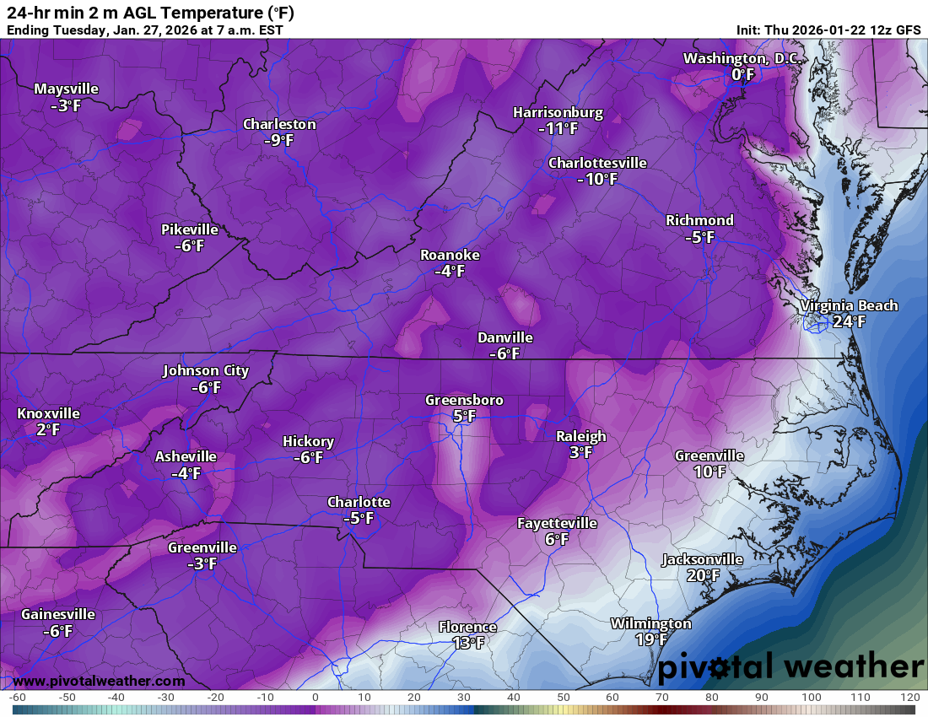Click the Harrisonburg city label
pyautogui.click(x=558, y=112)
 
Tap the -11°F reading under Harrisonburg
pyautogui.click(x=558, y=129)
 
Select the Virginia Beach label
pyautogui.click(x=849, y=305)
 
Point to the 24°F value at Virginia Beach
pyautogui.click(x=849, y=321)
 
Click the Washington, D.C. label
pyautogui.click(x=742, y=58)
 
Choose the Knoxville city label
pyautogui.click(x=48, y=413)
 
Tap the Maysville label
pyautogui.click(x=66, y=89)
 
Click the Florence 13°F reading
pyautogui.click(x=467, y=643)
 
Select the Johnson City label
pyautogui.click(x=206, y=370)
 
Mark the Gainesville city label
pyautogui.click(x=58, y=614)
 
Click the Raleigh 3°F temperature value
pyautogui.click(x=580, y=452)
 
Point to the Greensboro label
pyautogui.click(x=464, y=400)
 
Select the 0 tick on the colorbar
pyautogui.click(x=315, y=698)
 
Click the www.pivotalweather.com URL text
pyautogui.click(x=99, y=681)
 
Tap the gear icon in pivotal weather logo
pyautogui.click(x=719, y=668)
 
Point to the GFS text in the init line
pyautogui.click(x=908, y=30)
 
